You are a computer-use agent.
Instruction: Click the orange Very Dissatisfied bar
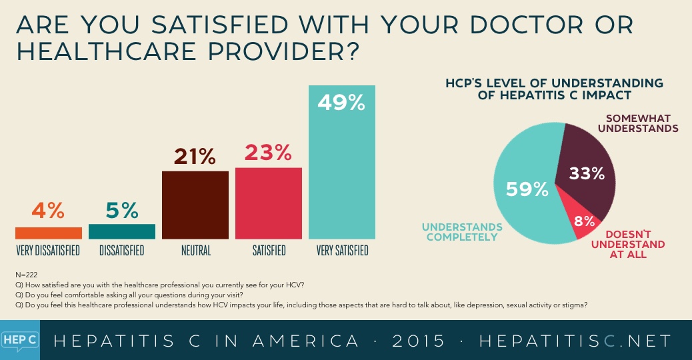coord(49,233)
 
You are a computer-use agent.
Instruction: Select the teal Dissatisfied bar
coord(122,231)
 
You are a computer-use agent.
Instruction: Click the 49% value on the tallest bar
coord(342,103)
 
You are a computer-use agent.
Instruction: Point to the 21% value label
coord(195,156)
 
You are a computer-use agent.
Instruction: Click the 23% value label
coord(269,153)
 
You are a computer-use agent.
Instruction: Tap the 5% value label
coord(122,211)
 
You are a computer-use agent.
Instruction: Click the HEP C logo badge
coord(20,340)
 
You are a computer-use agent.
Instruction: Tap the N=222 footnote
coord(25,275)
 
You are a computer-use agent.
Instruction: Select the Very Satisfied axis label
coord(342,251)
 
